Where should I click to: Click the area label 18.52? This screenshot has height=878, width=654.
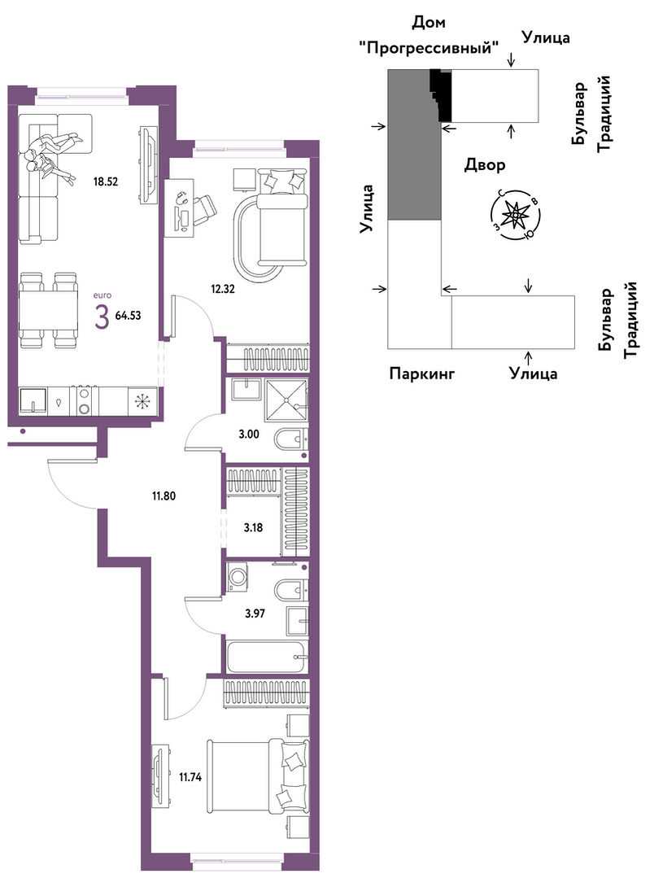[x=106, y=181]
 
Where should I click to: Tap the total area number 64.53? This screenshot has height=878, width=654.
[x=128, y=315]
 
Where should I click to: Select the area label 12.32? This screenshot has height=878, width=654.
[x=222, y=290]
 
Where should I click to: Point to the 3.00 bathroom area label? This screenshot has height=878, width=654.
[x=249, y=434]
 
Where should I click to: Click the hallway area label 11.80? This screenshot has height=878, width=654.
[x=163, y=496]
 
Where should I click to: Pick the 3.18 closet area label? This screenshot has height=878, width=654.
[x=253, y=527]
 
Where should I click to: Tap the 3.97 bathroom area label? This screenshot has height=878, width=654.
[x=255, y=614]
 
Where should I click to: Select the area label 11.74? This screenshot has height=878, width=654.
[x=190, y=776]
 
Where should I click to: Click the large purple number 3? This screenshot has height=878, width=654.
[x=102, y=317]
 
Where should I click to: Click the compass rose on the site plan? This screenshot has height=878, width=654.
[x=514, y=216]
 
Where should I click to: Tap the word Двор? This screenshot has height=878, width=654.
[x=485, y=164]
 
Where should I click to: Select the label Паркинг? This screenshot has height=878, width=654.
[x=421, y=373]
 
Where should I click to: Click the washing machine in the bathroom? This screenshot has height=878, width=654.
[x=238, y=577]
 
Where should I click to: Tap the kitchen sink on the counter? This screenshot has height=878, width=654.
[x=32, y=402]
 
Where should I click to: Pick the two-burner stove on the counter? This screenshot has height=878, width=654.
[x=85, y=401]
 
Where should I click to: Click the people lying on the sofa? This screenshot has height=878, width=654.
[x=51, y=155]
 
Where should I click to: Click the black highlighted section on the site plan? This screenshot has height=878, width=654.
[x=442, y=94]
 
